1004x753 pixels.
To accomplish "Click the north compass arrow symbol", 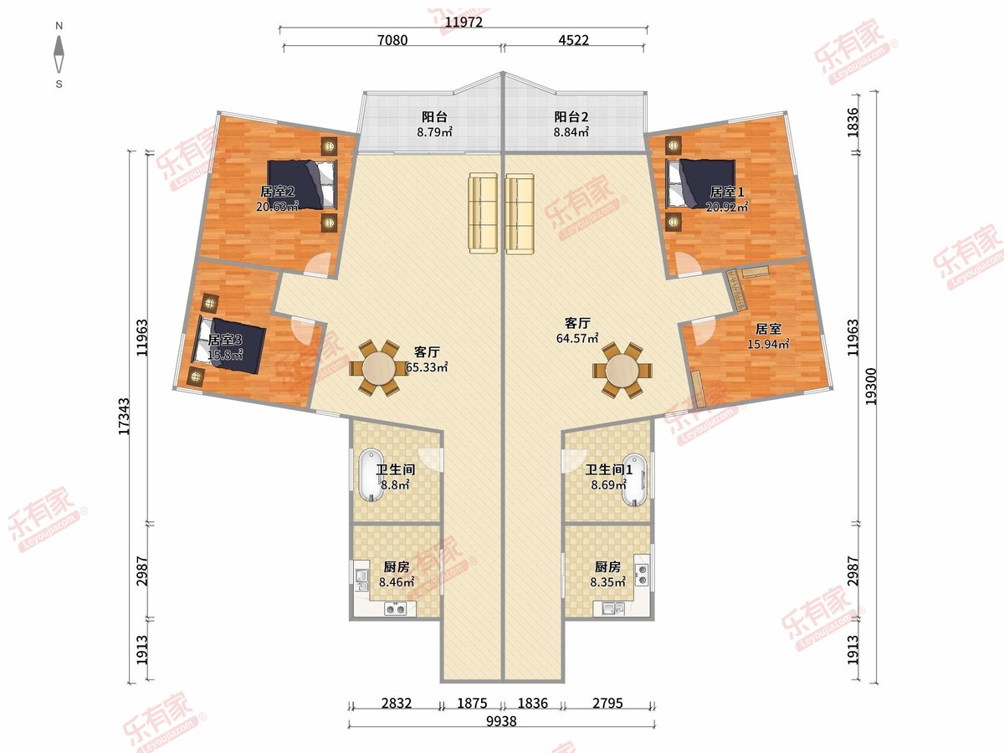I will point(59,55).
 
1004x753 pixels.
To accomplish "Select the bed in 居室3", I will point(231,345).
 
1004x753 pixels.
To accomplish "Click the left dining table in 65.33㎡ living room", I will point(378,368).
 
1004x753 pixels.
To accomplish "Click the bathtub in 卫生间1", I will point(635,479).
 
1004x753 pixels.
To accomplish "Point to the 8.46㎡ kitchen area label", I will point(397,582).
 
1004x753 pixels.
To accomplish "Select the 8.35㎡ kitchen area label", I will point(607,582).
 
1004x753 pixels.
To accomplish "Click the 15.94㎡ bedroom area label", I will point(768,344).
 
